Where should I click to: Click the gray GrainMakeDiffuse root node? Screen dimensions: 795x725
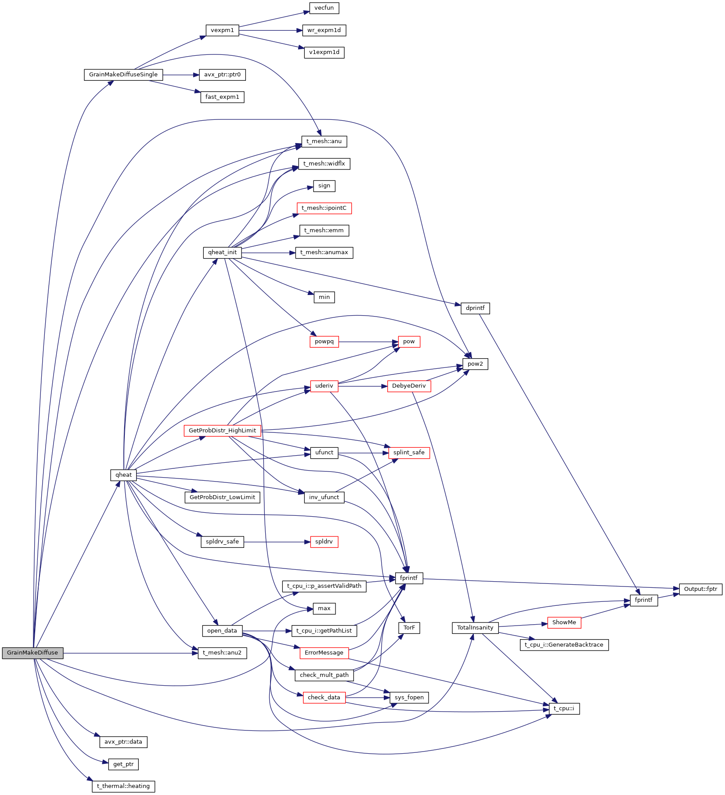[32, 653]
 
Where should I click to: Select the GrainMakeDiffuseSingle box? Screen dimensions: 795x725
[123, 75]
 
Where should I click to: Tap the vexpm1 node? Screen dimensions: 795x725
[222, 30]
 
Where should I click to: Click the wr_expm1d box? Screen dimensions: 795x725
[324, 30]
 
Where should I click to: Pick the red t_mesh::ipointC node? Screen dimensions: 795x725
[324, 208]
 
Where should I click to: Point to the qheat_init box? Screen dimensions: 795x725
[222, 252]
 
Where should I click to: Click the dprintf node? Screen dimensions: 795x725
[475, 308]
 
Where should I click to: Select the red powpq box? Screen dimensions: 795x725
[324, 342]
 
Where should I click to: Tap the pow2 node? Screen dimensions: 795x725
[475, 364]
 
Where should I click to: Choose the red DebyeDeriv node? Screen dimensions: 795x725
[409, 386]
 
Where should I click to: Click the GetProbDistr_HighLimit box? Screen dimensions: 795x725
[222, 431]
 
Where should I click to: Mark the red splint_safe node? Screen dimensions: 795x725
[409, 453]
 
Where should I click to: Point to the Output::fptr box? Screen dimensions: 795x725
[700, 589]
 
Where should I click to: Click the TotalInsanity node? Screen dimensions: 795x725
[475, 628]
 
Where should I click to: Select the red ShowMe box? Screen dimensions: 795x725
[564, 622]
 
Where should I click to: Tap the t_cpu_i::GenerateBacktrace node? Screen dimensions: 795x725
[564, 645]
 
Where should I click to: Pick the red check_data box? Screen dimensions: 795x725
[324, 698]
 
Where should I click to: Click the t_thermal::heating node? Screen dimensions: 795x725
[123, 786]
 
